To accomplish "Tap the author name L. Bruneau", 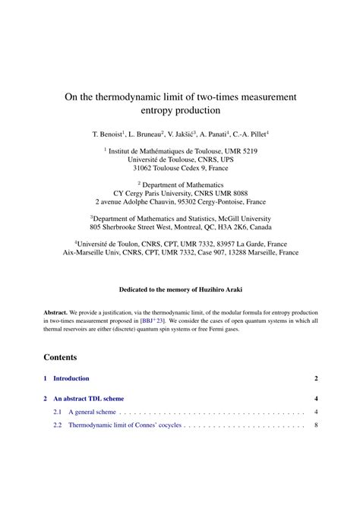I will click(146, 134).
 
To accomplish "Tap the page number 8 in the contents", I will click(315, 426).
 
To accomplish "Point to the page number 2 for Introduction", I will click(315, 378).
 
